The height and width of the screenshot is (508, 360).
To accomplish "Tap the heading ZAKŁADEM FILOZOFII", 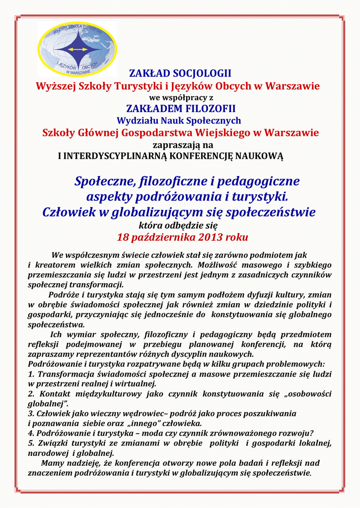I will (180, 109).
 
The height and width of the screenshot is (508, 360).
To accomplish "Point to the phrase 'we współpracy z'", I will (180, 97).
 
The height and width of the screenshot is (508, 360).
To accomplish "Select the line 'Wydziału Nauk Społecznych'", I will (179, 121).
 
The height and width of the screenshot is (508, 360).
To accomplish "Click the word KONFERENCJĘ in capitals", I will (201, 156).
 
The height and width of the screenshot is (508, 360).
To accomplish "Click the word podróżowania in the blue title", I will (175, 196).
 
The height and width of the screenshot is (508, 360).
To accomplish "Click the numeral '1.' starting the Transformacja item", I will (31, 374).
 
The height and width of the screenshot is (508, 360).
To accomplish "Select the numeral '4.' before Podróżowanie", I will (31, 433).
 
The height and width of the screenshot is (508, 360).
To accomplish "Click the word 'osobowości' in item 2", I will (309, 393).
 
